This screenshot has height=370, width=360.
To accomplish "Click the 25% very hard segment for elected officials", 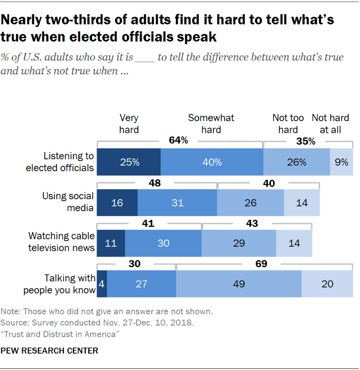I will (129, 162).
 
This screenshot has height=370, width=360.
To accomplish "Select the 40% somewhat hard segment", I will (212, 162).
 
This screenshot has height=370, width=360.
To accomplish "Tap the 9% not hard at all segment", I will (342, 162).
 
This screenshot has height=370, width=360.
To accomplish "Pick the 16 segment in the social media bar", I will (117, 203).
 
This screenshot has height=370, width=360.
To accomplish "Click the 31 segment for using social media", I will (177, 203).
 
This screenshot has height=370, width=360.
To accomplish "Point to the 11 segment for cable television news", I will (111, 243).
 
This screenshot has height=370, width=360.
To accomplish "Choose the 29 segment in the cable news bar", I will (239, 243).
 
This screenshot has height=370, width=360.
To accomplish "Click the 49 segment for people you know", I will (239, 283).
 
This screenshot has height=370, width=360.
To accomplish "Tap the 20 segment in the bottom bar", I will (327, 283).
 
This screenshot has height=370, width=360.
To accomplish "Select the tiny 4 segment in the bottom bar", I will (102, 283).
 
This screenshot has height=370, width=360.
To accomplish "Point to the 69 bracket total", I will (261, 263).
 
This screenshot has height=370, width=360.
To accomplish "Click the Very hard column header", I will (129, 123).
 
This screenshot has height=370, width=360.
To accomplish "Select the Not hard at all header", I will (330, 123).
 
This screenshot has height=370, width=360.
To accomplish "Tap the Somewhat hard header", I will (211, 123).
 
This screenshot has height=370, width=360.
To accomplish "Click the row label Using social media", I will (68, 202).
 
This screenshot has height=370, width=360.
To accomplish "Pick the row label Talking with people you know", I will (59, 284).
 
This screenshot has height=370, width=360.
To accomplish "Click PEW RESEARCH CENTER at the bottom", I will (49, 351).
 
